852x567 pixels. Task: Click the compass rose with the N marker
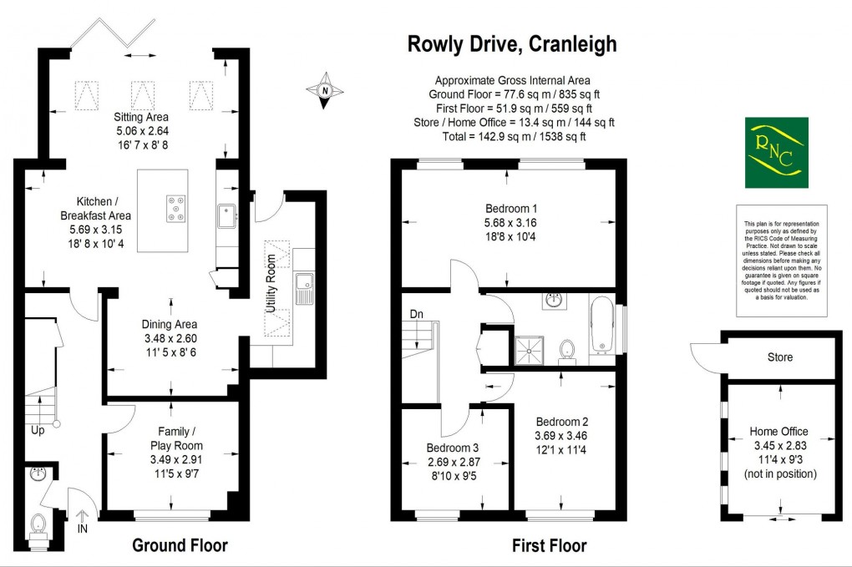(327, 91)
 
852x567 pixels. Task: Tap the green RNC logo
(776, 153)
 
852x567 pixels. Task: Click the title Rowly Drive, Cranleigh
(512, 43)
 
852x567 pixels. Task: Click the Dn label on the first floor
(418, 315)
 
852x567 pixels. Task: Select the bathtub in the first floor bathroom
(602, 330)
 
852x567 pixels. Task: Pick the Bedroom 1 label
(511, 209)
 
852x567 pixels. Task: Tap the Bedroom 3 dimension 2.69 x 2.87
(454, 462)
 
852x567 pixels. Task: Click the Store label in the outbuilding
(780, 357)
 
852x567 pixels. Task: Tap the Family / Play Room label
(170, 438)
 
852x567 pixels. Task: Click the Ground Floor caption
(180, 546)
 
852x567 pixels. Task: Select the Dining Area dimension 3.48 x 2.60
(170, 339)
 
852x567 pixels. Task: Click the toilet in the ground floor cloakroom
(37, 525)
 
